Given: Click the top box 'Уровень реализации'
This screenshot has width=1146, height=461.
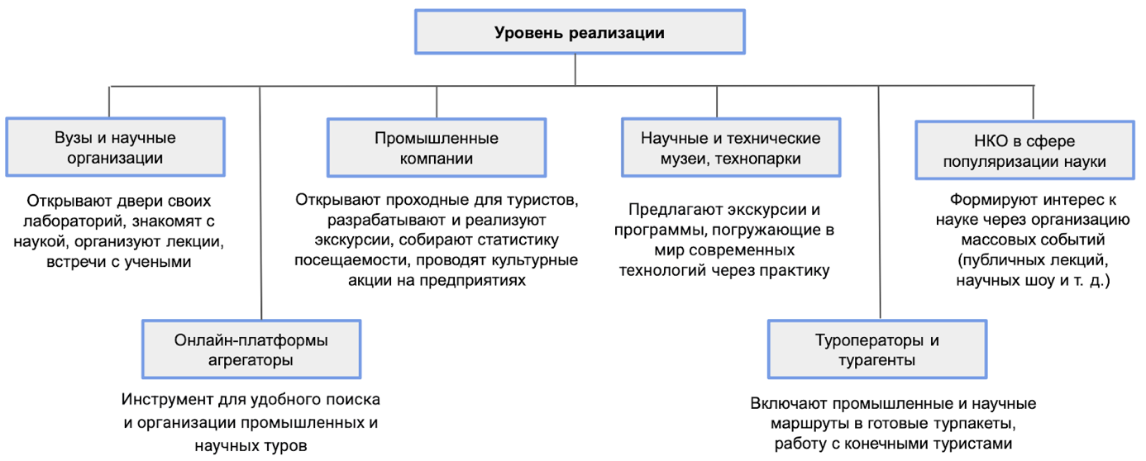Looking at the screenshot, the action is pyautogui.click(x=580, y=31).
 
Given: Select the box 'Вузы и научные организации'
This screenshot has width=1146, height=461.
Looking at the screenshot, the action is pyautogui.click(x=115, y=147).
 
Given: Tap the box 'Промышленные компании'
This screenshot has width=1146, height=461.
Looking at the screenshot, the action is pyautogui.click(x=437, y=148).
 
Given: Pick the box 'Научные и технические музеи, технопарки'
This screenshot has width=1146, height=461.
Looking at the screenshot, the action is pyautogui.click(x=731, y=148).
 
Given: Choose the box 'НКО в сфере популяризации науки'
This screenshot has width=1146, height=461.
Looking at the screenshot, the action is pyautogui.click(x=1024, y=150).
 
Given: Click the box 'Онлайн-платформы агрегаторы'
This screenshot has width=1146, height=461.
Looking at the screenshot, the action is pyautogui.click(x=251, y=349).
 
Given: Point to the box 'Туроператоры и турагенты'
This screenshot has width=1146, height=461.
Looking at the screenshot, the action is pyautogui.click(x=877, y=349).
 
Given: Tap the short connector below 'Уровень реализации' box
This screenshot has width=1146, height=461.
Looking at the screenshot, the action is pyautogui.click(x=575, y=69).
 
